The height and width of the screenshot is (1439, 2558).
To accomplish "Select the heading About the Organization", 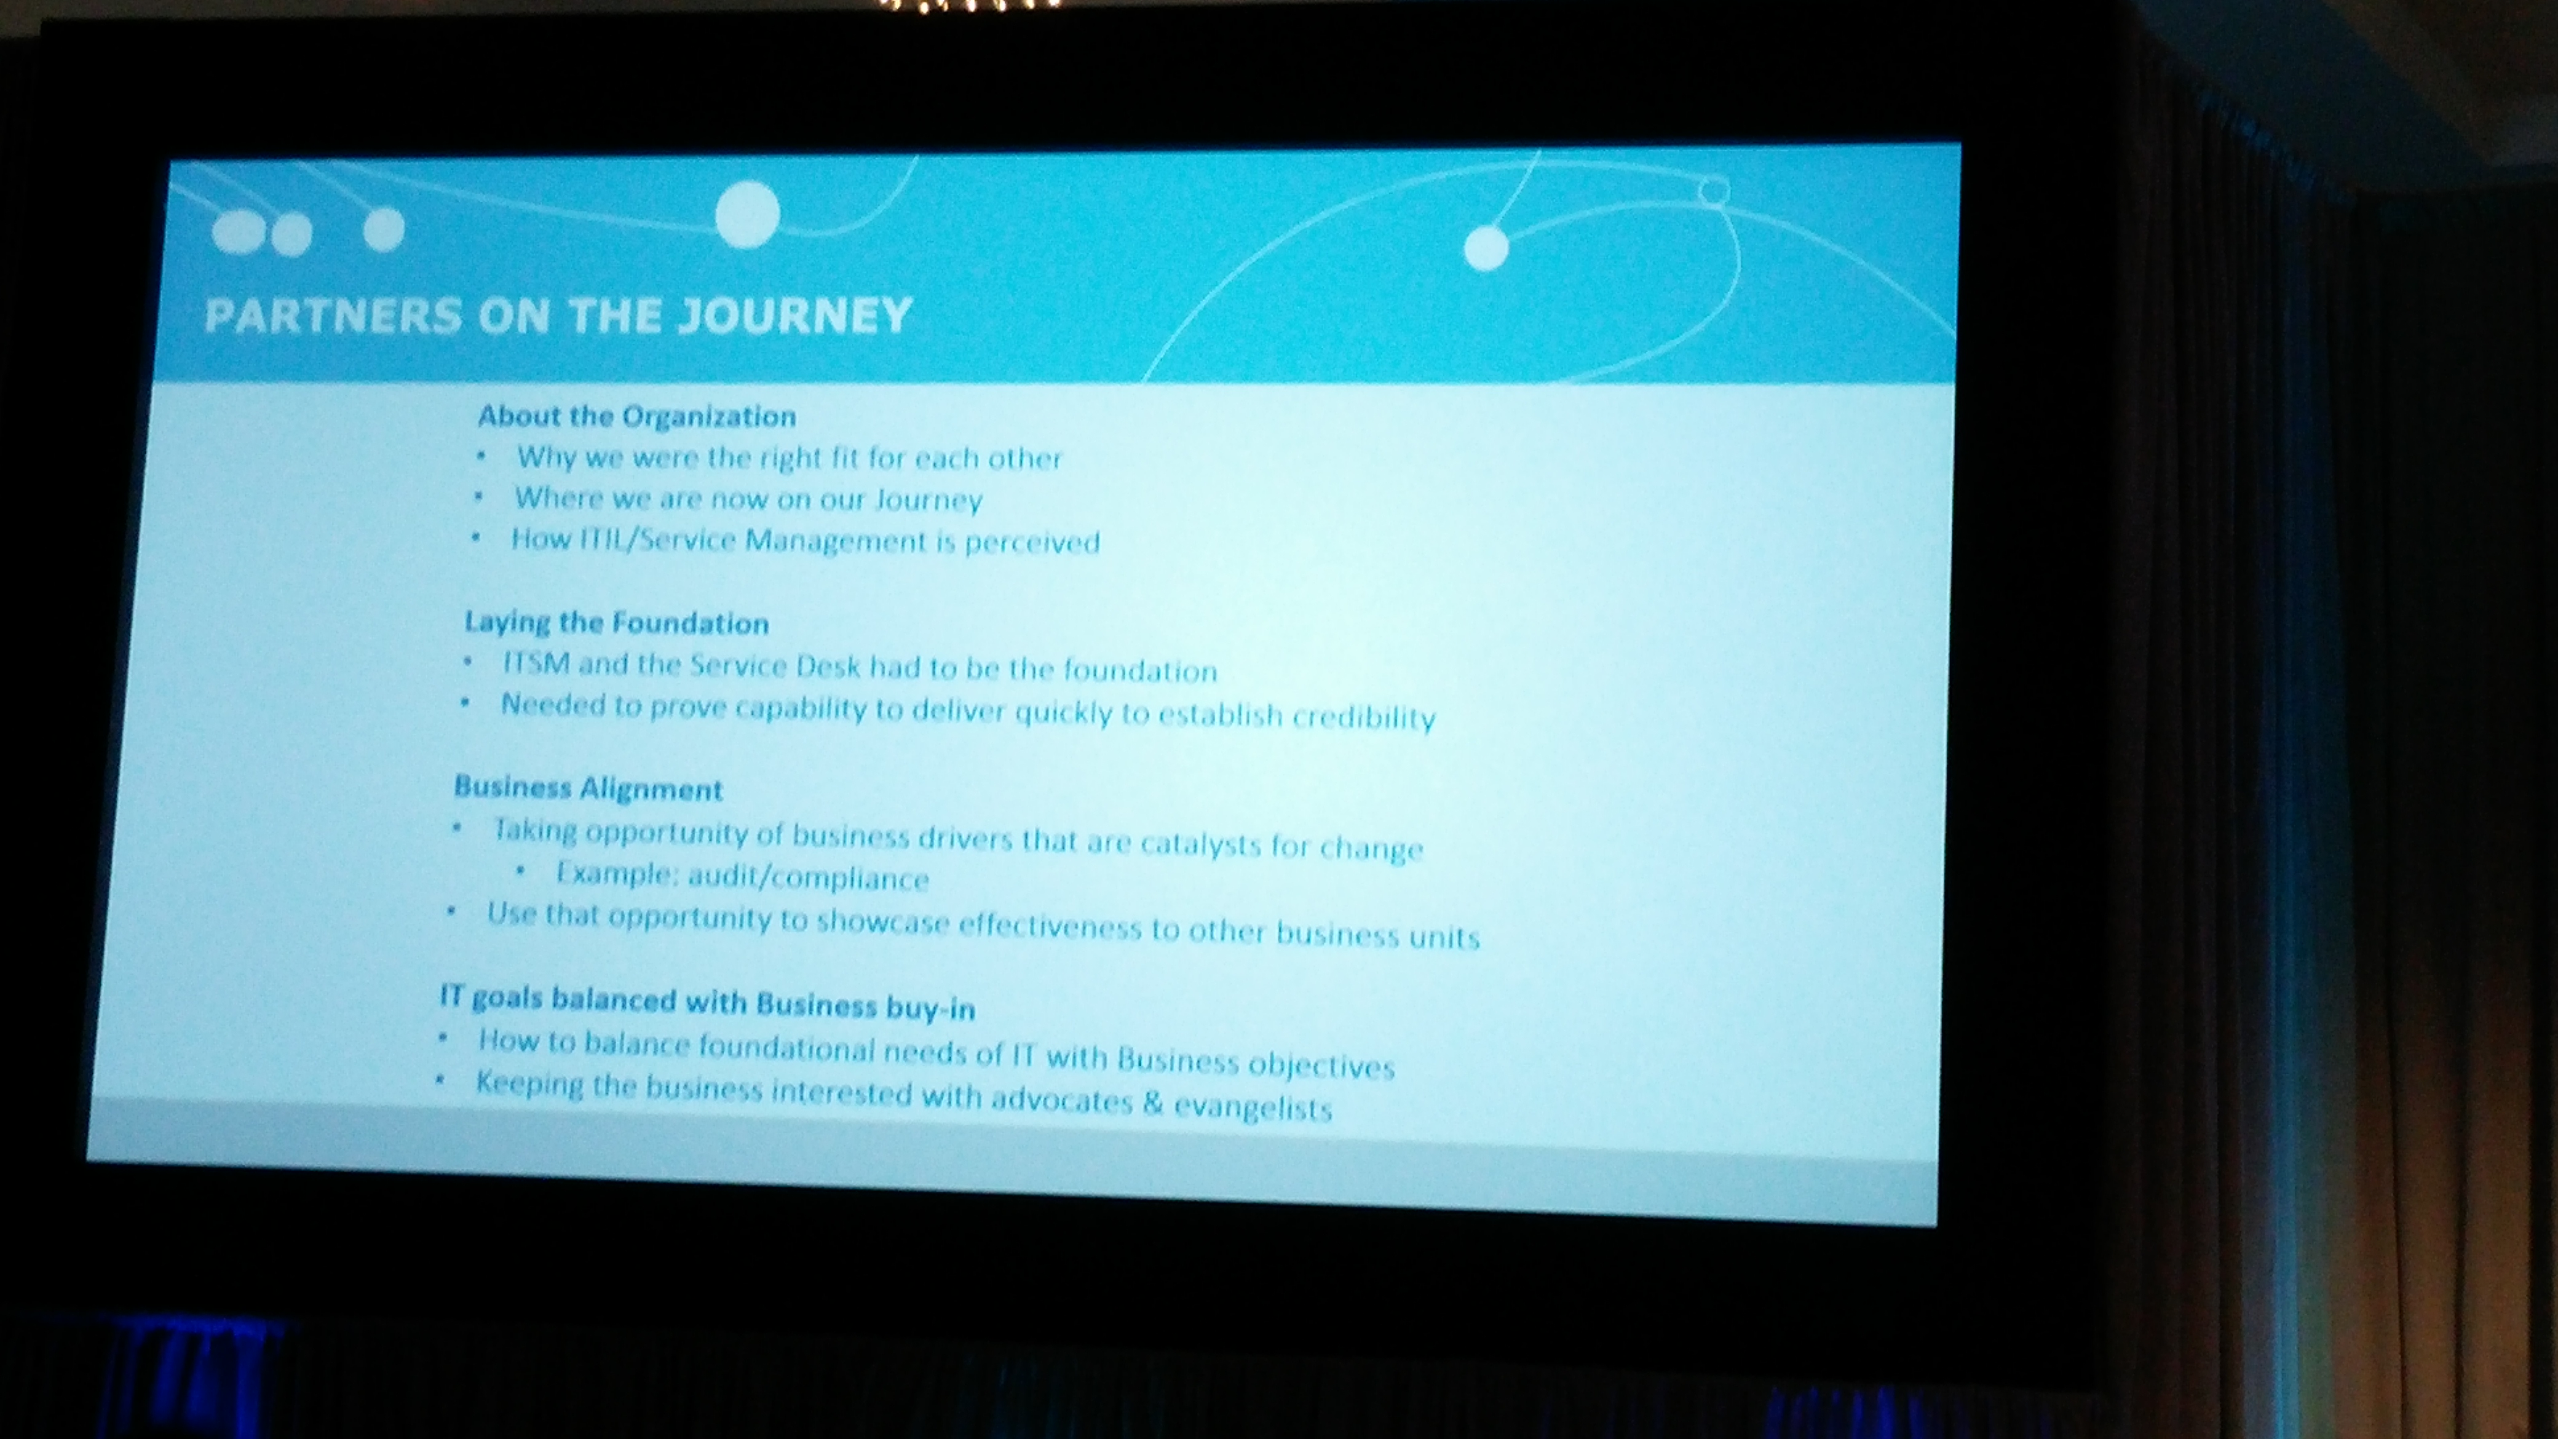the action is (x=636, y=416).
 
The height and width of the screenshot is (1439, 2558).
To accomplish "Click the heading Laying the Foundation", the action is (x=617, y=623).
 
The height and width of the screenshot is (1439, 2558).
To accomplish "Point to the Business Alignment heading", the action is (x=588, y=788).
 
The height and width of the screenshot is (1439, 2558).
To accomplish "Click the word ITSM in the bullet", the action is (x=536, y=662).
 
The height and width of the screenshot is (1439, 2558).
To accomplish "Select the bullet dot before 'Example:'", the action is (x=520, y=871).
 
